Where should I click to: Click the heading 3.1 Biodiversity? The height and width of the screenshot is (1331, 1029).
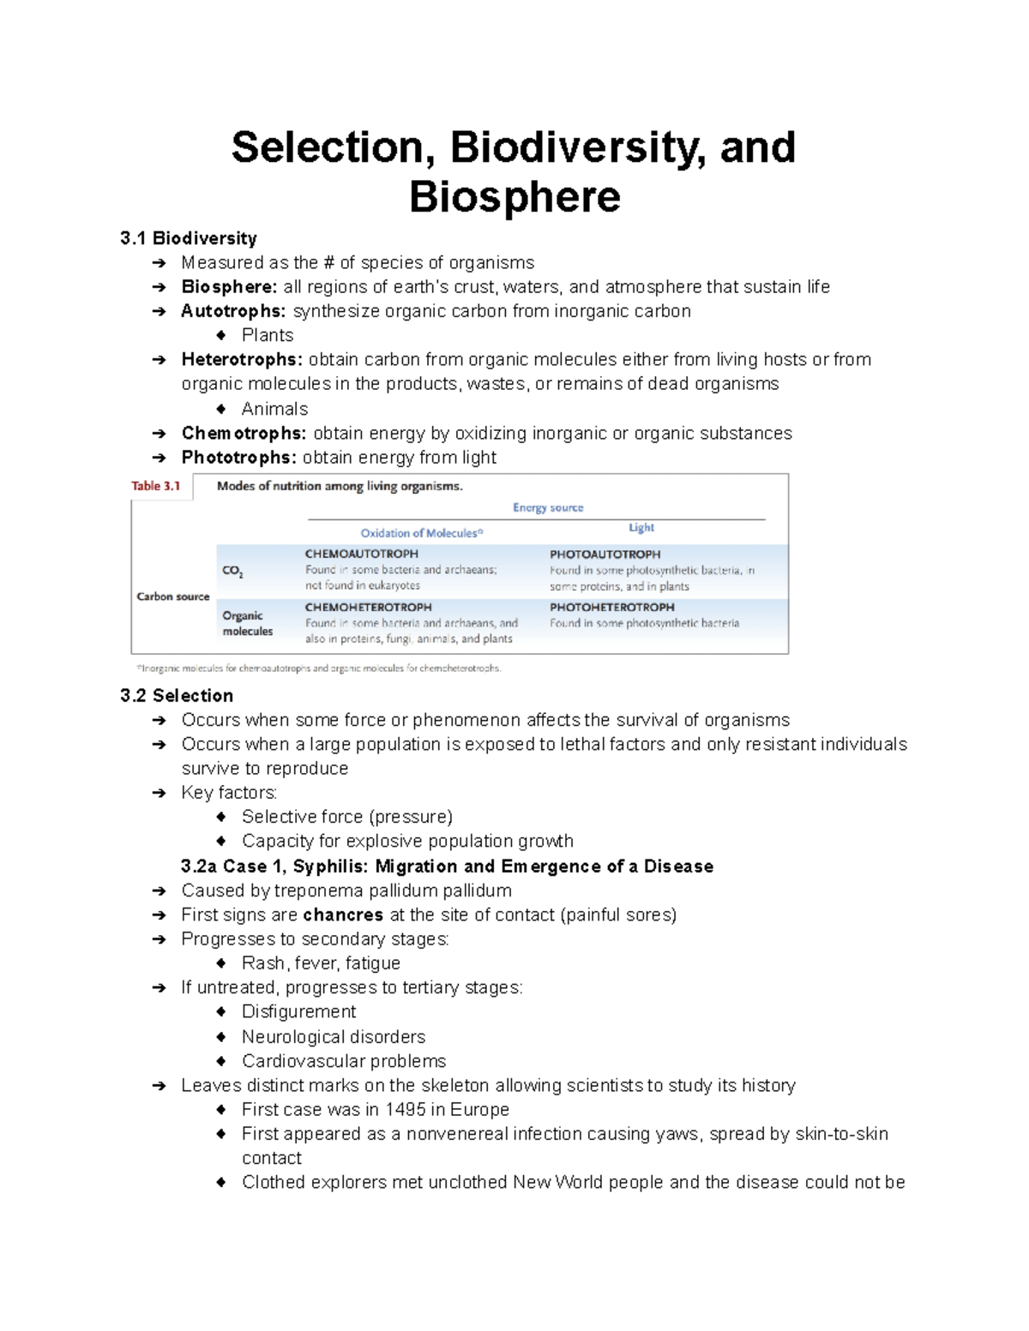tap(189, 238)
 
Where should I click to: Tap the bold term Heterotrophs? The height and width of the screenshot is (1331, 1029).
tap(242, 360)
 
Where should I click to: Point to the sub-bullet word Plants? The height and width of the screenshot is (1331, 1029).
tap(268, 335)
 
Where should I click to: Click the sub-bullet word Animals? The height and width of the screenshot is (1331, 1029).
tap(274, 409)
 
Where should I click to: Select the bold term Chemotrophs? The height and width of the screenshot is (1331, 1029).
tap(244, 434)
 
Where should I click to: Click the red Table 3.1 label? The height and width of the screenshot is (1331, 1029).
tap(155, 486)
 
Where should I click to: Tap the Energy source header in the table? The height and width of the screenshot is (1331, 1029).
tap(548, 507)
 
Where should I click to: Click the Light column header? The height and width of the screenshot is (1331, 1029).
tap(641, 528)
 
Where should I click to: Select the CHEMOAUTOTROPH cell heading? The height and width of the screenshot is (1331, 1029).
tap(362, 555)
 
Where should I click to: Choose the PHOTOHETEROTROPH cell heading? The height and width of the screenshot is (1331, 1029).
tap(612, 607)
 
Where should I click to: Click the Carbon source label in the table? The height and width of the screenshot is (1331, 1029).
tap(173, 597)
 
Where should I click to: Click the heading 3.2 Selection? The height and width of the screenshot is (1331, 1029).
tap(177, 696)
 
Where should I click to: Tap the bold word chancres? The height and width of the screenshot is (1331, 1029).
tap(343, 915)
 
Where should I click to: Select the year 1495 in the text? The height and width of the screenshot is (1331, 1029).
tap(405, 1110)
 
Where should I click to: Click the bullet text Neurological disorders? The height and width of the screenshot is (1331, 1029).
tap(334, 1037)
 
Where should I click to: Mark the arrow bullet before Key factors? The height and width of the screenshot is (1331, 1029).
tap(159, 794)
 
